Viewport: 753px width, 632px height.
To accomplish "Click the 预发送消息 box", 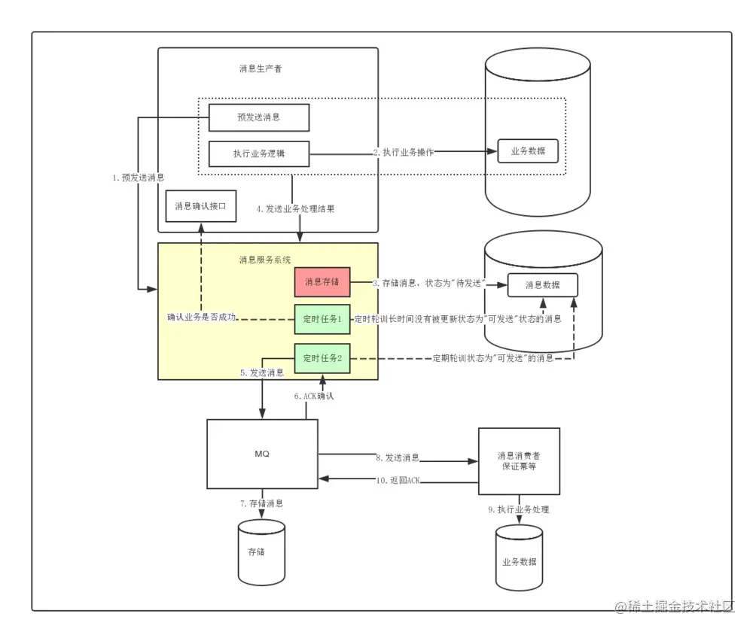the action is tap(259, 117).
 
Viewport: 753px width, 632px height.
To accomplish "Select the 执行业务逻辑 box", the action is tap(259, 153).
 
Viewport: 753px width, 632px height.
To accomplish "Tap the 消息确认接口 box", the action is tap(201, 206).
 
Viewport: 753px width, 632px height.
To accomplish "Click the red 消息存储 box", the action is tap(322, 281).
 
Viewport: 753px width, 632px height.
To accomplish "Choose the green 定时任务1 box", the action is tap(322, 319).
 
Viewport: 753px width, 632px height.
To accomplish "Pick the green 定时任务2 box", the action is tap(322, 358).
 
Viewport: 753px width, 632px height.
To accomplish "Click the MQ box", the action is tap(262, 454).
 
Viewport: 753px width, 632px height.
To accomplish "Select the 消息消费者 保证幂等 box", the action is tap(519, 461).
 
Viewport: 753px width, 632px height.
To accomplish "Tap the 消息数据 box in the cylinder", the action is tap(543, 285).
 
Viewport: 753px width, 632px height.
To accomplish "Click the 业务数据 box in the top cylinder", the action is tap(528, 151).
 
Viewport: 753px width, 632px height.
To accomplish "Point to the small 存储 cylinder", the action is tap(262, 552).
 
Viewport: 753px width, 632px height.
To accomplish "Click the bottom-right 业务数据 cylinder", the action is tap(519, 558).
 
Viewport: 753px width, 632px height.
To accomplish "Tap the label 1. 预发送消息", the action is tap(139, 178).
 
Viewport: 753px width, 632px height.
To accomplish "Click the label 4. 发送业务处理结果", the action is tap(295, 208).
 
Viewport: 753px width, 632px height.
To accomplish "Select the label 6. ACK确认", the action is tap(314, 396).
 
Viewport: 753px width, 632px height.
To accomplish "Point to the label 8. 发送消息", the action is tap(398, 457).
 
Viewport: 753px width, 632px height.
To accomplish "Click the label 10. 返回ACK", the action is tap(398, 480).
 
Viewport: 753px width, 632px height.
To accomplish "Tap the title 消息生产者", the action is tap(261, 68).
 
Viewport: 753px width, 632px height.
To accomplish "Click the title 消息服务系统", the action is tap(265, 260).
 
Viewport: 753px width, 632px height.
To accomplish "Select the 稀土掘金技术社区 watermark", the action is tap(675, 606).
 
